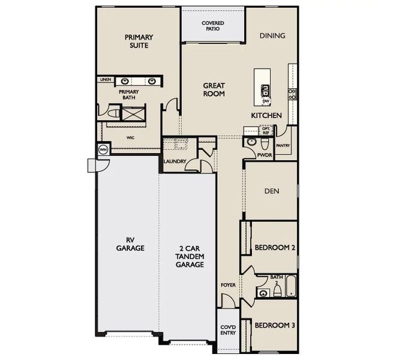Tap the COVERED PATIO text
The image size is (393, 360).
[x=212, y=26]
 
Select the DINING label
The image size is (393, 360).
[x=272, y=36]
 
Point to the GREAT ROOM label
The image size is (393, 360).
[x=213, y=90]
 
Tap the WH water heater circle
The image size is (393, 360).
[x=103, y=150]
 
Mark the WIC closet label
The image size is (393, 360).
[x=130, y=137]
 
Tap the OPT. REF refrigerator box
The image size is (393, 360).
[x=265, y=130]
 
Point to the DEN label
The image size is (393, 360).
[x=272, y=191]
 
